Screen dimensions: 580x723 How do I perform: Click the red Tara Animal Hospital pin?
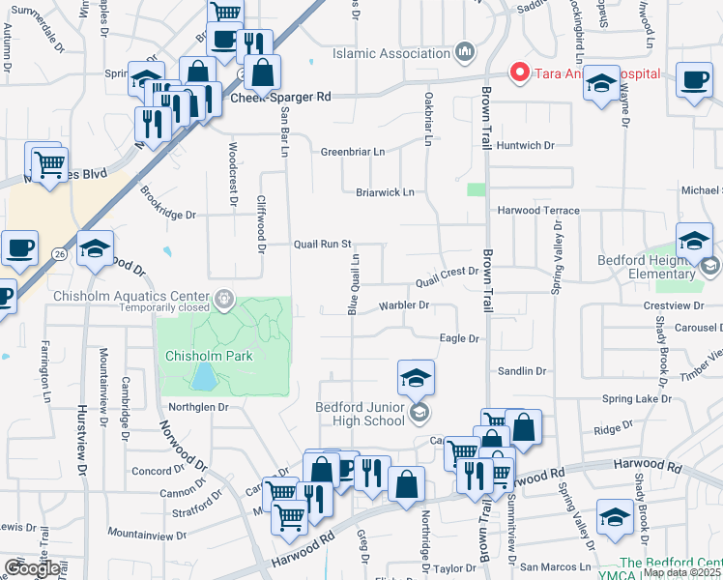(x=518, y=72)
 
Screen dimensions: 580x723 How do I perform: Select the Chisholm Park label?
(x=209, y=356)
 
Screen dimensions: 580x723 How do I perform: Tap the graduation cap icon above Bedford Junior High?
(x=416, y=378)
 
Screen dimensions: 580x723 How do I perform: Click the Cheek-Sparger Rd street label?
(x=280, y=97)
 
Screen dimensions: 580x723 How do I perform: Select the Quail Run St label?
(x=322, y=245)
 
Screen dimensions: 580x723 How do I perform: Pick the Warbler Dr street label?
(x=402, y=305)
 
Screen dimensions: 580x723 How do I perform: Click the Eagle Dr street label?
(x=460, y=338)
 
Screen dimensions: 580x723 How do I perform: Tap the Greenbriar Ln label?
(x=353, y=152)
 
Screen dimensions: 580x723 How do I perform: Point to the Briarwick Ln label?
(x=385, y=192)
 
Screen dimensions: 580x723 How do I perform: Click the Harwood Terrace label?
(x=538, y=210)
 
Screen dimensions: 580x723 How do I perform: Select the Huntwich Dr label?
(x=527, y=145)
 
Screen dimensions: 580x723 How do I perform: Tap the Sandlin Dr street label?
(x=522, y=370)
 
